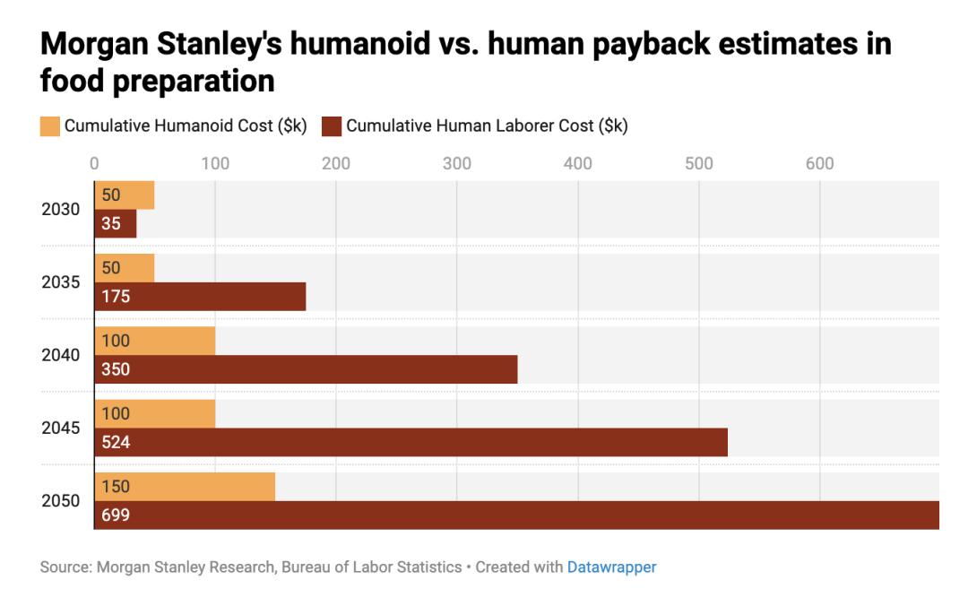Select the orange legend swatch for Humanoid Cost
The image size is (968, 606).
50,126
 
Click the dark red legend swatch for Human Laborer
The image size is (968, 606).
333,126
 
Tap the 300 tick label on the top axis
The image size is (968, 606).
457,163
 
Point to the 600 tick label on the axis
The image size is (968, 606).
820,163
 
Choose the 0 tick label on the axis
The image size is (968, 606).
94,163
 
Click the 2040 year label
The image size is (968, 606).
61,355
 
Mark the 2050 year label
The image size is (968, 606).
61,501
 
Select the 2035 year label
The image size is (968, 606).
61,282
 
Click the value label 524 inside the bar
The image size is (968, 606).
117,443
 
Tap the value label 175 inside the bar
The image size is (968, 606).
117,297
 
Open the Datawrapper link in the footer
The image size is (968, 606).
611,567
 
